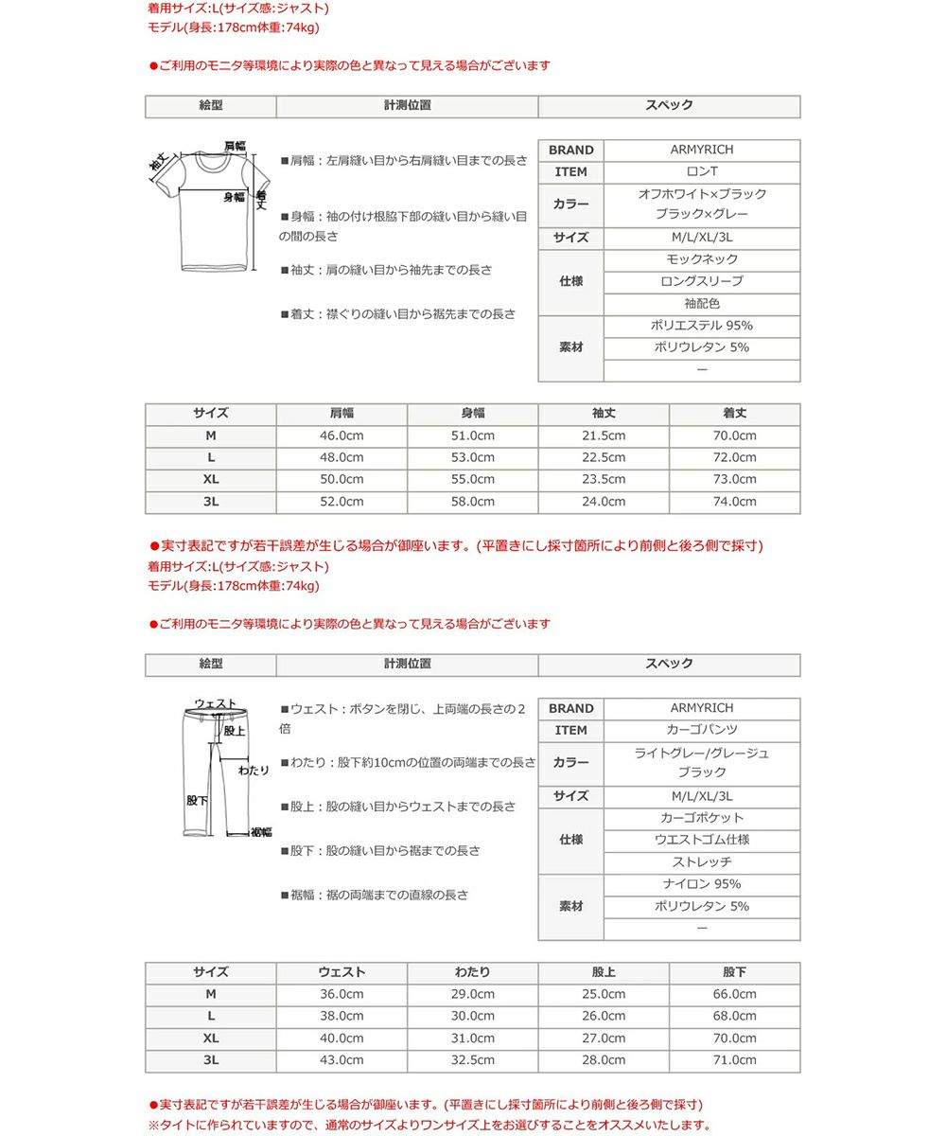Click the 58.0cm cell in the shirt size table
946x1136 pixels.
pyautogui.click(x=472, y=502)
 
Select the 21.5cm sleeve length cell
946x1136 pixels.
pyautogui.click(x=604, y=435)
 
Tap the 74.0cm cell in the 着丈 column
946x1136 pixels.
pyautogui.click(x=734, y=502)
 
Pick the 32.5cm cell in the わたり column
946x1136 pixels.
pyautogui.click(x=472, y=1060)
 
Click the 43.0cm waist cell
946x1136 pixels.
pyautogui.click(x=342, y=1060)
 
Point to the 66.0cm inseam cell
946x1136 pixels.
pyautogui.click(x=734, y=994)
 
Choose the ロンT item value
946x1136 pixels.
pyautogui.click(x=702, y=171)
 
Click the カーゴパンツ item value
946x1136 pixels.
pyautogui.click(x=702, y=730)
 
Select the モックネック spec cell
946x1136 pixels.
pyautogui.click(x=702, y=258)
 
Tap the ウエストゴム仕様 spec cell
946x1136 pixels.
pyautogui.click(x=702, y=840)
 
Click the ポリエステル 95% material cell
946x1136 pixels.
pyautogui.click(x=702, y=326)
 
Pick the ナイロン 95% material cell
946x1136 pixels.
pyautogui.click(x=702, y=884)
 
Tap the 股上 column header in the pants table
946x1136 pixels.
pyautogui.click(x=604, y=972)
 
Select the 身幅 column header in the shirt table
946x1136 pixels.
pyautogui.click(x=472, y=414)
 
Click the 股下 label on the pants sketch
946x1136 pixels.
pyautogui.click(x=197, y=801)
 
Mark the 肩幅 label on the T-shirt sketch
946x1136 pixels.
pyautogui.click(x=235, y=146)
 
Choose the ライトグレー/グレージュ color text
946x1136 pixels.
pyautogui.click(x=702, y=753)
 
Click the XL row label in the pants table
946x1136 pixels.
pyautogui.click(x=210, y=1038)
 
